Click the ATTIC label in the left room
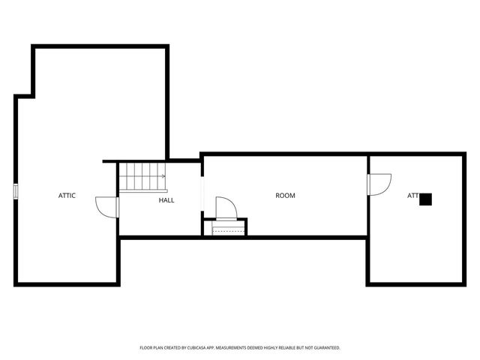coord(67,196)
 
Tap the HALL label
coord(166,200)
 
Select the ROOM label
coord(285,196)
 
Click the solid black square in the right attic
coord(425,199)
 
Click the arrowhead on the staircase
coord(163,177)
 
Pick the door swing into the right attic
coord(379,184)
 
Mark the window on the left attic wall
coord(15,191)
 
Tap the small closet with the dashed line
coord(226,228)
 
